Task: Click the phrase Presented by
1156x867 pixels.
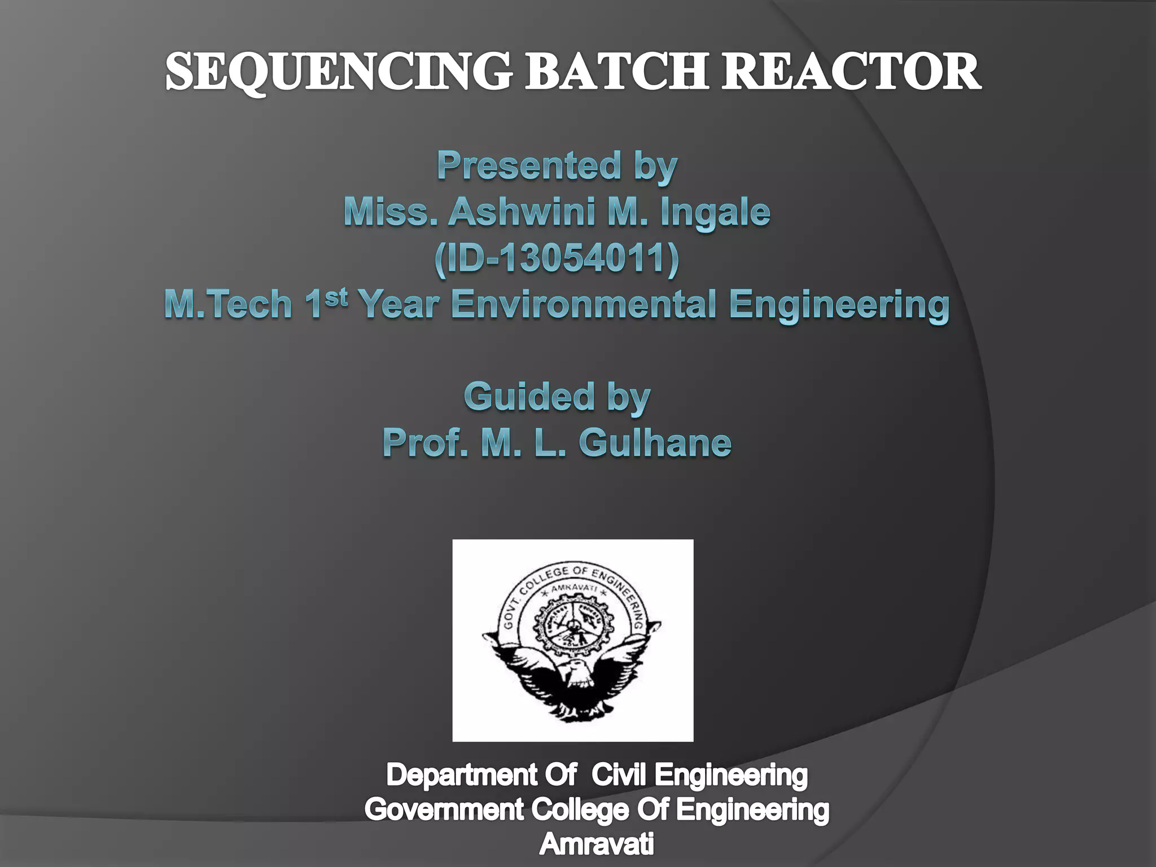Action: click(x=557, y=167)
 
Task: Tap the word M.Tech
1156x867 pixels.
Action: click(x=228, y=305)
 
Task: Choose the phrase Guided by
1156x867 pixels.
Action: click(x=557, y=398)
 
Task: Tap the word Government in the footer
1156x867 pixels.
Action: click(x=444, y=811)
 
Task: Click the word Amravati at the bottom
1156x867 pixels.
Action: click(x=597, y=845)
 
